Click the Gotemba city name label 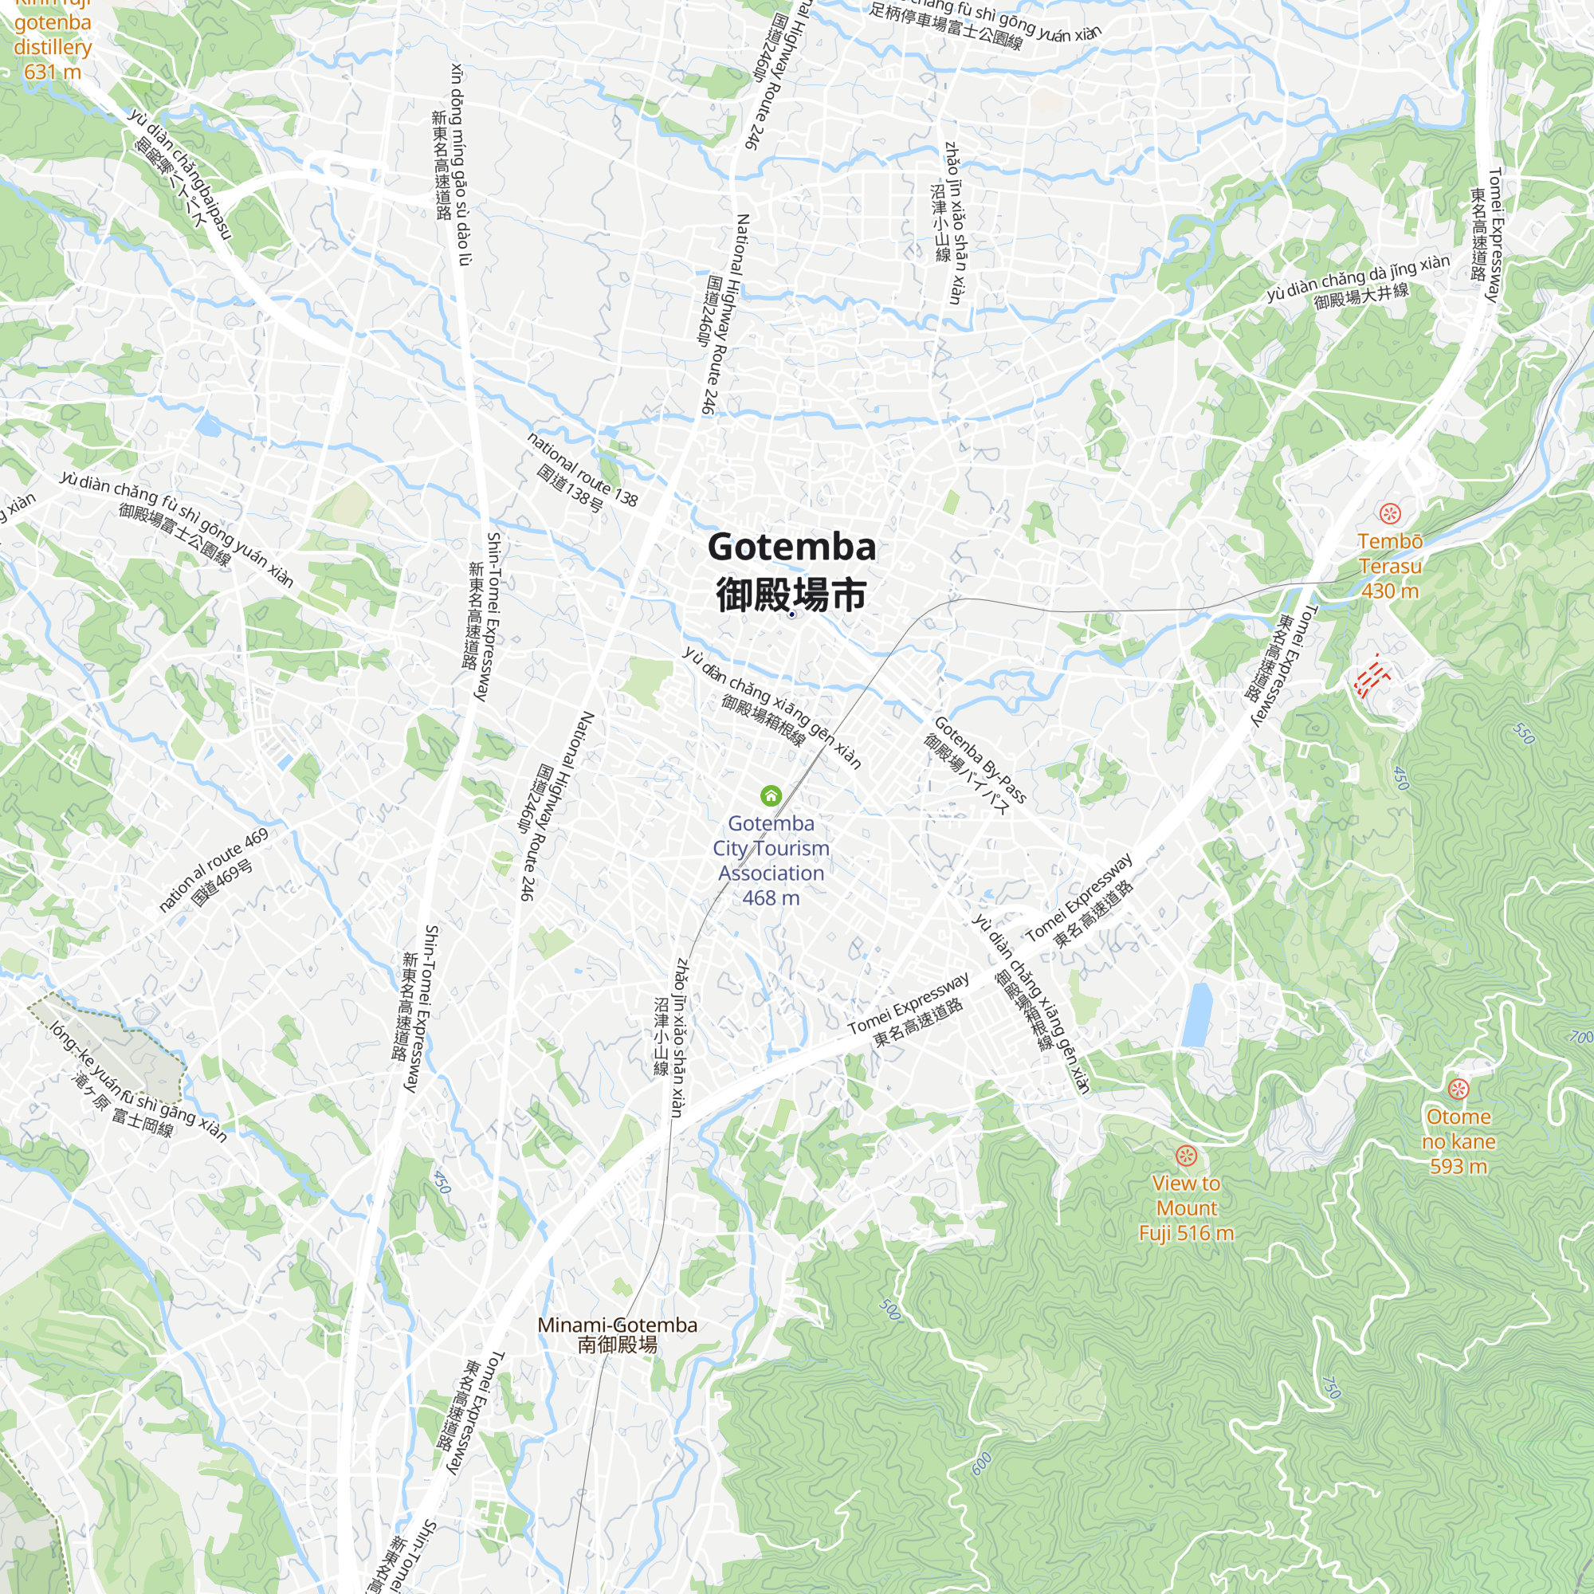(x=791, y=571)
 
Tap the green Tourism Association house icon (x=771, y=795)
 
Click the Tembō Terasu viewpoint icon (x=1391, y=513)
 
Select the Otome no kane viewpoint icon (x=1458, y=1088)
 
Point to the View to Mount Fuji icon (x=1187, y=1155)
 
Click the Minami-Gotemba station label (x=617, y=1334)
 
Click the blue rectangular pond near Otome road (x=1197, y=1014)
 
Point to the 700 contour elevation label (x=1580, y=1037)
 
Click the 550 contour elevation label (x=1523, y=733)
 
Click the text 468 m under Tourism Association (x=771, y=897)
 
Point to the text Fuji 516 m (x=1186, y=1234)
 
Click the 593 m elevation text (x=1458, y=1166)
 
